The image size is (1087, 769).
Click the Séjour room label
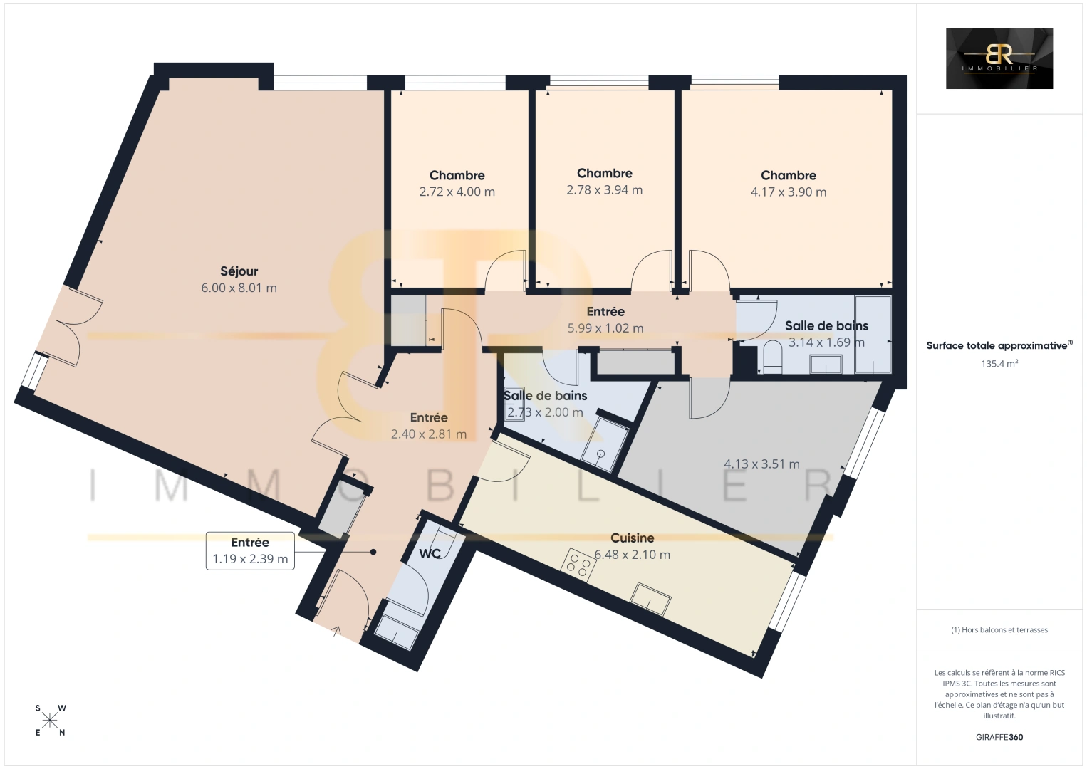[x=239, y=271]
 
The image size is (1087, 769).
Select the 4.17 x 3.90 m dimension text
[x=788, y=192]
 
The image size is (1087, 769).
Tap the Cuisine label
[x=632, y=538]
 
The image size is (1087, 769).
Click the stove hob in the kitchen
[x=578, y=565]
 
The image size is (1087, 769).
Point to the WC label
[x=430, y=553]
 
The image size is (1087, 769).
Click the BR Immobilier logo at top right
[x=999, y=58]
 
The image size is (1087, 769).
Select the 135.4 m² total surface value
[x=999, y=363]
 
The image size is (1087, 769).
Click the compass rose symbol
[x=49, y=721]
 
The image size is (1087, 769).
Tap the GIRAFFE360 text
[x=999, y=737]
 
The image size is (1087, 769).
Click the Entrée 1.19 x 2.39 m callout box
[x=250, y=550]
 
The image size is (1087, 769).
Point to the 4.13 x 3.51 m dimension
[x=761, y=464]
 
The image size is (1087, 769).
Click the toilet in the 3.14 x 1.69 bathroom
[x=773, y=357]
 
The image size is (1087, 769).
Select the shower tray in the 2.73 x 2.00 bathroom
[x=605, y=444]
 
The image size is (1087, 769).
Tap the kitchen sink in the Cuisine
[x=650, y=600]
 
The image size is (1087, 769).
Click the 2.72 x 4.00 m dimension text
[x=457, y=192]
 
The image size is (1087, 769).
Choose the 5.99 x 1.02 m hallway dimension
[x=605, y=328]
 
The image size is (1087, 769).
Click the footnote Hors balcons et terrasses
[x=999, y=629]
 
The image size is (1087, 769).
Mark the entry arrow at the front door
[x=336, y=630]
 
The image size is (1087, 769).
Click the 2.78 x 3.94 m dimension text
[x=605, y=189]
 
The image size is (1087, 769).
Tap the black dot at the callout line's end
[x=373, y=552]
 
